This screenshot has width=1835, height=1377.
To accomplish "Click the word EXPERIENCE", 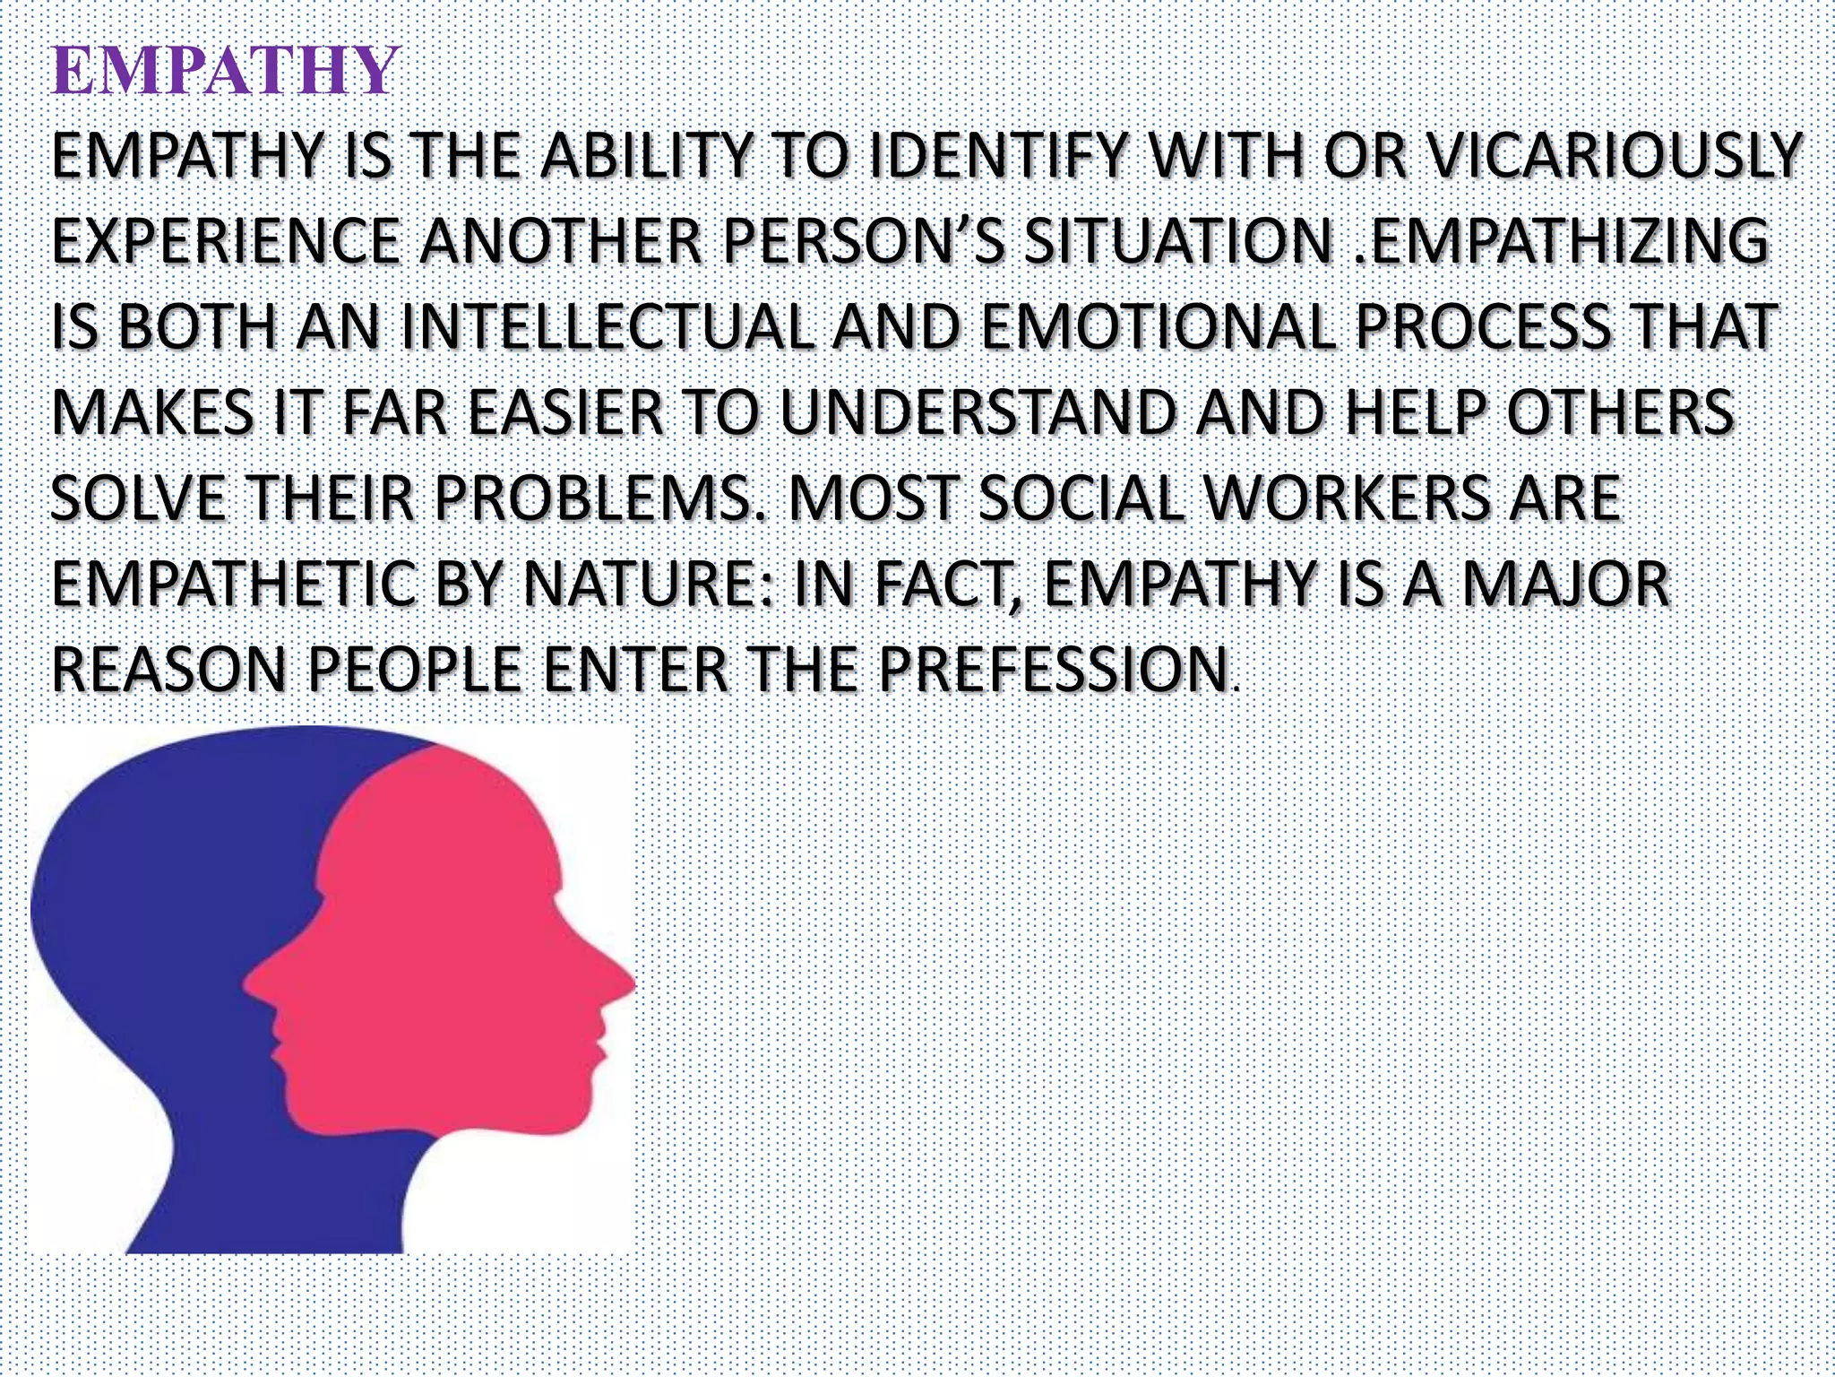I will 225,241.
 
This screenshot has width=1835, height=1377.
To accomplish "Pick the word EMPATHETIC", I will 234,585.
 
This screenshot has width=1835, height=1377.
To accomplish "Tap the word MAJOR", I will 1565,585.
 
